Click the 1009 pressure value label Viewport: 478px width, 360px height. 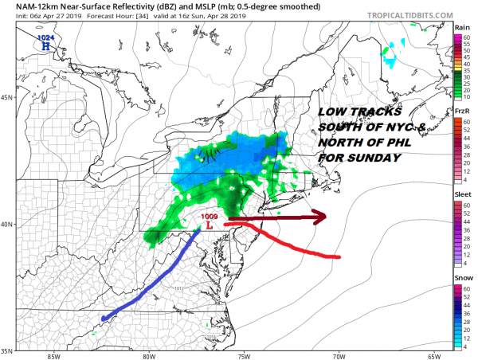coord(209,216)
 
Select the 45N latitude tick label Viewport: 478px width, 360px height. coord(8,98)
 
